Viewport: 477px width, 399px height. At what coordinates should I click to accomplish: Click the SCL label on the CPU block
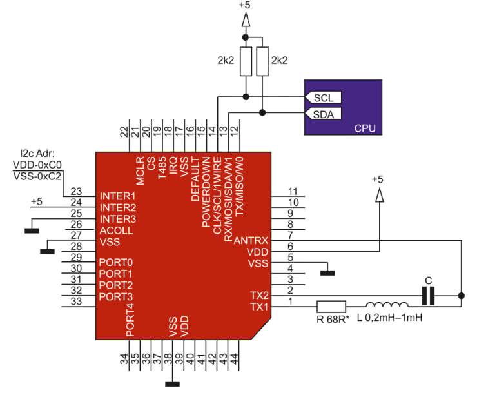323,97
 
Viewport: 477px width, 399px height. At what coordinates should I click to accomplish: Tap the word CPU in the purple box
365,128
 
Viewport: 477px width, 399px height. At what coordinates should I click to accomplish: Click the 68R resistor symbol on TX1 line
331,307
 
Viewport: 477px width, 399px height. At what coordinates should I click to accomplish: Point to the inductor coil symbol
387,306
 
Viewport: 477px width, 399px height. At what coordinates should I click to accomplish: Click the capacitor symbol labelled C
428,296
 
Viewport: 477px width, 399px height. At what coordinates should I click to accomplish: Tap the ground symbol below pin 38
172,384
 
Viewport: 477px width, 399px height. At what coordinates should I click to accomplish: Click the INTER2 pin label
118,207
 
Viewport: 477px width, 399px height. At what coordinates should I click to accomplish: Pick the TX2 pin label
259,295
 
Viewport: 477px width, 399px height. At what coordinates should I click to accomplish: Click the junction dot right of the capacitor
462,296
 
